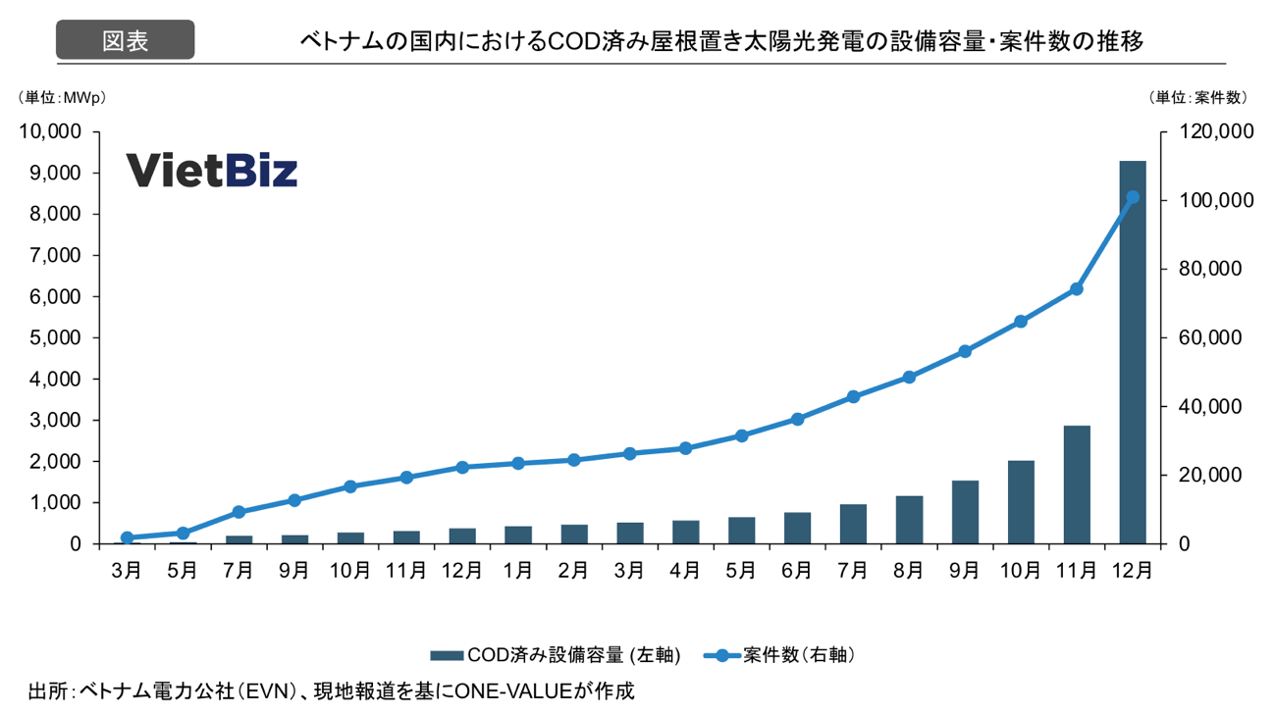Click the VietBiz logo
212,171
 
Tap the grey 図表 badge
125,40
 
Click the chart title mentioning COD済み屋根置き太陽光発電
720,41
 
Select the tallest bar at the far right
1133,351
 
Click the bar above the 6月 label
797,528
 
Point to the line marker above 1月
518,463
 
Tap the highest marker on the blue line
1133,197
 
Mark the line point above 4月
685,448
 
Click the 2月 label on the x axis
574,569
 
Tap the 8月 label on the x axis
909,569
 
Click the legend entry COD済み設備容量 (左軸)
556,654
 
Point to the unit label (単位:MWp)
61,97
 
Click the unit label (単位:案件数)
1196,97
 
